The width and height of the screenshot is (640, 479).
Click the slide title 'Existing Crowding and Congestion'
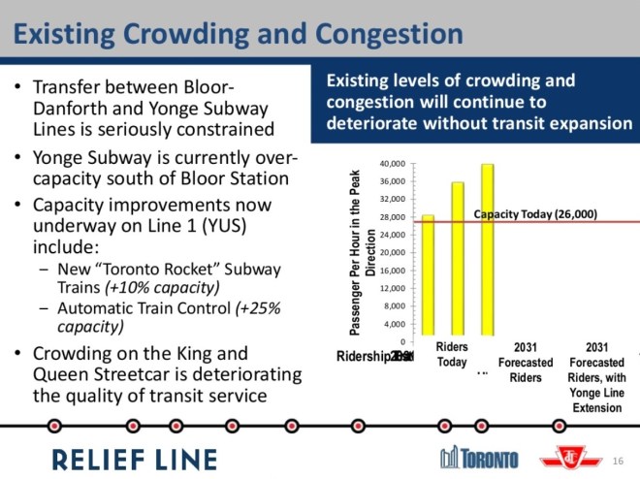point(237,36)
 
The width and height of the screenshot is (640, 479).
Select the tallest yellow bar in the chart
point(488,252)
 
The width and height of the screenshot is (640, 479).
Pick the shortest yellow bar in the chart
point(428,277)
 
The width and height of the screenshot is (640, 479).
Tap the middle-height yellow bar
point(458,261)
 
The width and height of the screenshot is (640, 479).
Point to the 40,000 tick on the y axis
point(392,164)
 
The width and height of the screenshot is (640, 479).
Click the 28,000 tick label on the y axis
point(392,217)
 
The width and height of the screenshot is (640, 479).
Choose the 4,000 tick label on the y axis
point(394,324)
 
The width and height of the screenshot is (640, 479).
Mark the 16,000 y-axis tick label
point(392,271)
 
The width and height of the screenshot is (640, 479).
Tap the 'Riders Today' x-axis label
point(452,355)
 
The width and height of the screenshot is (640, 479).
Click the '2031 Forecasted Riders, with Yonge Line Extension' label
point(596,377)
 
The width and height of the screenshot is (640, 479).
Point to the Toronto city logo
point(479,458)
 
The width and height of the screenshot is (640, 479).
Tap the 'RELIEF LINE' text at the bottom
point(135,458)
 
